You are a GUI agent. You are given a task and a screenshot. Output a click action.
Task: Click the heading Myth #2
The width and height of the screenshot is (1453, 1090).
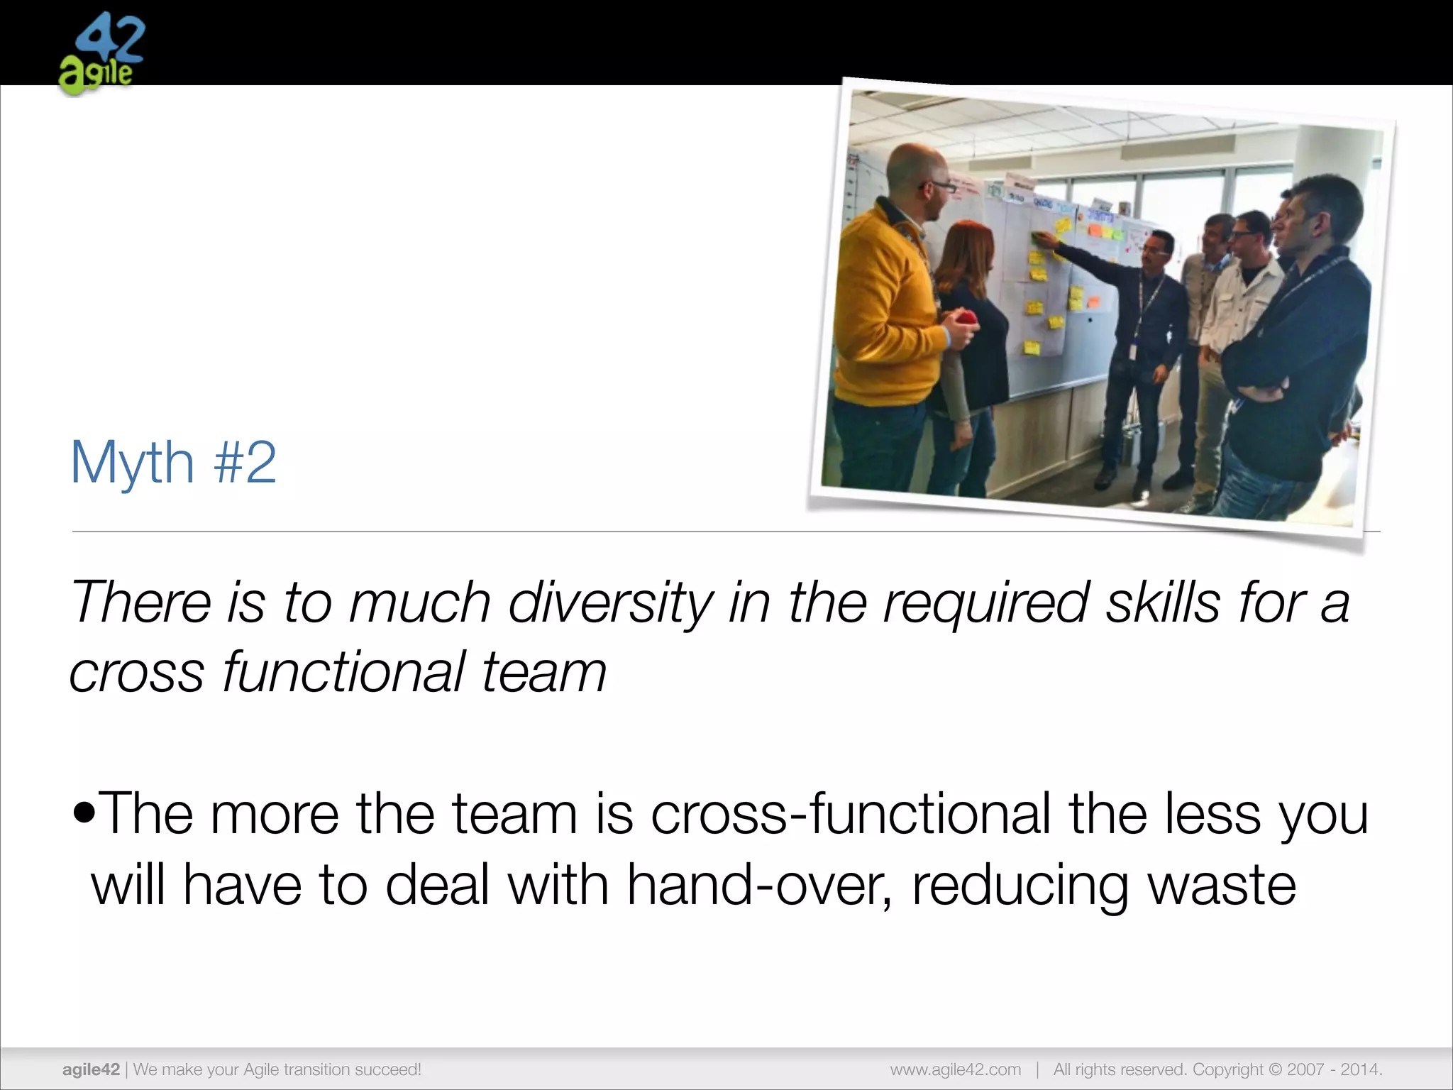click(173, 463)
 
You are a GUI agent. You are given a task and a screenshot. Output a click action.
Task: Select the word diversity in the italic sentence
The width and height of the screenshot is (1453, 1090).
click(610, 602)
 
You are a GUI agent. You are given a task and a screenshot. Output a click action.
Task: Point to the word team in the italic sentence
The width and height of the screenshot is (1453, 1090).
click(543, 672)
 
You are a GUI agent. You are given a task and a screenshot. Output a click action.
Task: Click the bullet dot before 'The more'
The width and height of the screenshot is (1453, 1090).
click(84, 813)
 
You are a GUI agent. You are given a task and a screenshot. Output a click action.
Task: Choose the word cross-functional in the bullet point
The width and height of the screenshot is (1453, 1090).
click(851, 813)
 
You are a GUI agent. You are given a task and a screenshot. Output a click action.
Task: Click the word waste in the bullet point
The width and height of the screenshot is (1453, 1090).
click(1222, 885)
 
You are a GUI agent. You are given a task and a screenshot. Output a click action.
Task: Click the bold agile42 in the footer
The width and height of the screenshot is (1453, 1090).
click(91, 1069)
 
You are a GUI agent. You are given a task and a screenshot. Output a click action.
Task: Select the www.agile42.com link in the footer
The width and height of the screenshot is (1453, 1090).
click(956, 1069)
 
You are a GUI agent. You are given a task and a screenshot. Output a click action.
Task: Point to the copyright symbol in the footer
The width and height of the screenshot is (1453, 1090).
click(1275, 1069)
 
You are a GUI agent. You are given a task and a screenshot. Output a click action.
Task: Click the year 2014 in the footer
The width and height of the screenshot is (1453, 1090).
click(1360, 1069)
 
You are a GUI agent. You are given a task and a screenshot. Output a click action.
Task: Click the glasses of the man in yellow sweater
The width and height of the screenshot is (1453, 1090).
click(939, 187)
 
